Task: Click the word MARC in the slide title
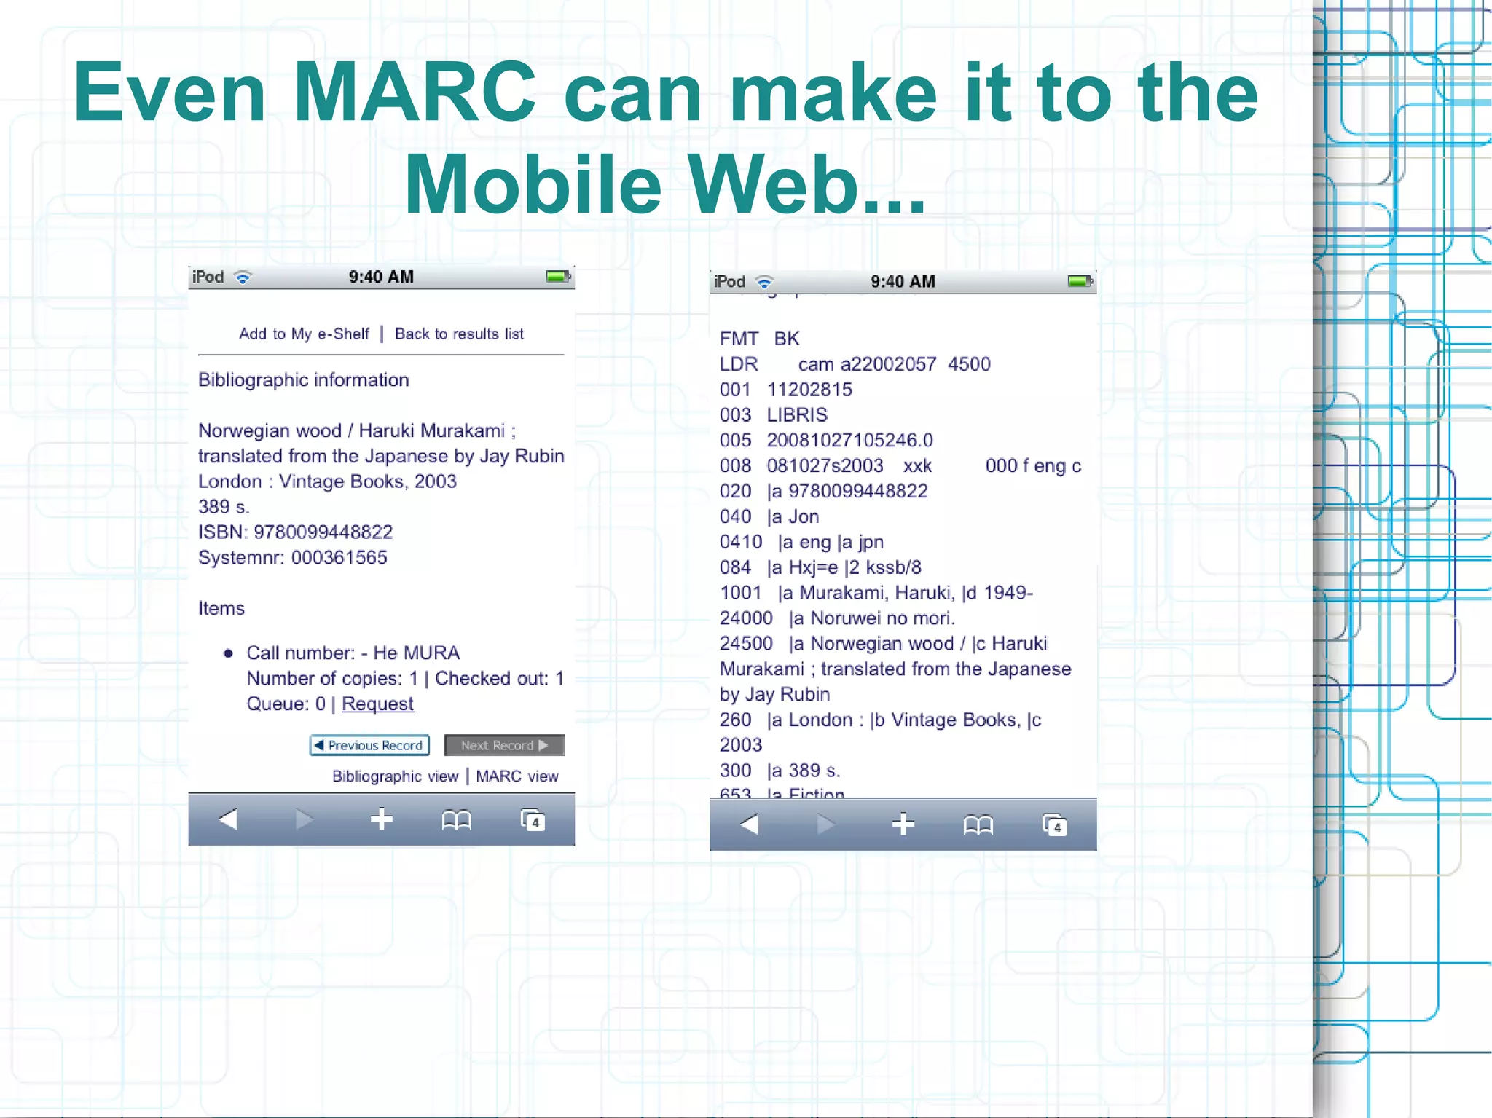tap(414, 92)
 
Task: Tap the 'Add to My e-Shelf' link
tap(304, 334)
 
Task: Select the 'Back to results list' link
tap(459, 334)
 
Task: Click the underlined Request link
tap(377, 704)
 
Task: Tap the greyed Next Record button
tap(504, 745)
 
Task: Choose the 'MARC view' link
tap(517, 776)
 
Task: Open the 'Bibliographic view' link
tap(395, 776)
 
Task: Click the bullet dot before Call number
tap(228, 653)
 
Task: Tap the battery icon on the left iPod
tap(558, 277)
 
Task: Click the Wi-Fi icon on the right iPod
tap(764, 282)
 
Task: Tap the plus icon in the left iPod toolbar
tap(381, 819)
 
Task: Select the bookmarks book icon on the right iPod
tap(978, 824)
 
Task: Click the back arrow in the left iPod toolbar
tap(228, 819)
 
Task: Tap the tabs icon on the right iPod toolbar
tap(1054, 824)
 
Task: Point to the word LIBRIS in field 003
tap(797, 414)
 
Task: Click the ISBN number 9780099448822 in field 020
tap(857, 491)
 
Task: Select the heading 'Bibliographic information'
tap(303, 379)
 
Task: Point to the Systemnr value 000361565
tap(339, 557)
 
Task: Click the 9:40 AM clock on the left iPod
tap(381, 277)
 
